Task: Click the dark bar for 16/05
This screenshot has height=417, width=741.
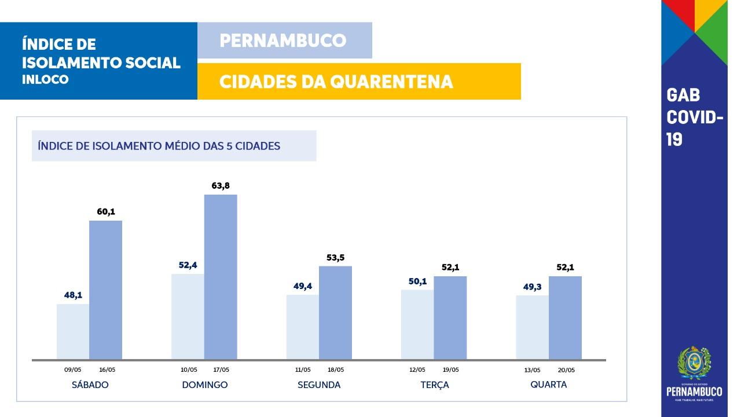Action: click(x=105, y=290)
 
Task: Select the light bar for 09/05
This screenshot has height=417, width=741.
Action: click(x=73, y=331)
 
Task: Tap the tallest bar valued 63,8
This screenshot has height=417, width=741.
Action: click(x=221, y=277)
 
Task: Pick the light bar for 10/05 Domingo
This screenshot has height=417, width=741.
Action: click(x=188, y=316)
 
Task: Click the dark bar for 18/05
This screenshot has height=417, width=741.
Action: click(x=335, y=313)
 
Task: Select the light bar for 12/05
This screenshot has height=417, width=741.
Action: click(x=417, y=324)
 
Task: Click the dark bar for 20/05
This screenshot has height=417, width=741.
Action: click(x=565, y=317)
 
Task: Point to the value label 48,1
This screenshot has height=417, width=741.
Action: click(x=73, y=295)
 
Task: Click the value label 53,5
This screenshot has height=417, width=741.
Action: click(x=335, y=258)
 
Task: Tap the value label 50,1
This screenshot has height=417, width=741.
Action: click(x=417, y=281)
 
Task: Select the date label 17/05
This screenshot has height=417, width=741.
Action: click(x=221, y=370)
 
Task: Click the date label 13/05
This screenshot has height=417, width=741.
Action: click(x=532, y=370)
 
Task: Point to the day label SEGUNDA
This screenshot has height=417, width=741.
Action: click(x=319, y=385)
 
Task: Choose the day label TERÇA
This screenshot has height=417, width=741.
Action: click(x=435, y=385)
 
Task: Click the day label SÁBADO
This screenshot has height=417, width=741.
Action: click(x=90, y=385)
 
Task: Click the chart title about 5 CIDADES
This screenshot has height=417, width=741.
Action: click(x=159, y=146)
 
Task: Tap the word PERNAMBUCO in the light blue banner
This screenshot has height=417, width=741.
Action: click(x=283, y=41)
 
